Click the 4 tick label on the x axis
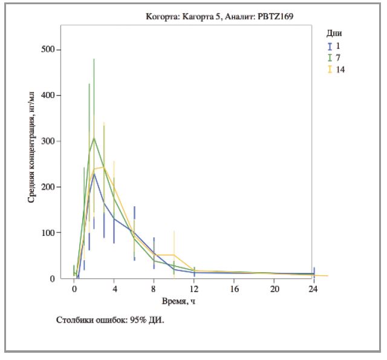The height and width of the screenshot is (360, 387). click(x=114, y=289)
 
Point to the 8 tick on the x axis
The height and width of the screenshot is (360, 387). click(x=154, y=289)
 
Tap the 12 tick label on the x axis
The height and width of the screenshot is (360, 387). click(x=194, y=289)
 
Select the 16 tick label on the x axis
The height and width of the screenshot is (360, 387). click(x=234, y=289)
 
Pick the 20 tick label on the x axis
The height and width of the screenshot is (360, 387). click(x=274, y=289)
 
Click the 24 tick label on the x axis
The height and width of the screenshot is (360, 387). click(x=314, y=289)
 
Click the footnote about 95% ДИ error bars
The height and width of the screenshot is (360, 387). click(x=110, y=319)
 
